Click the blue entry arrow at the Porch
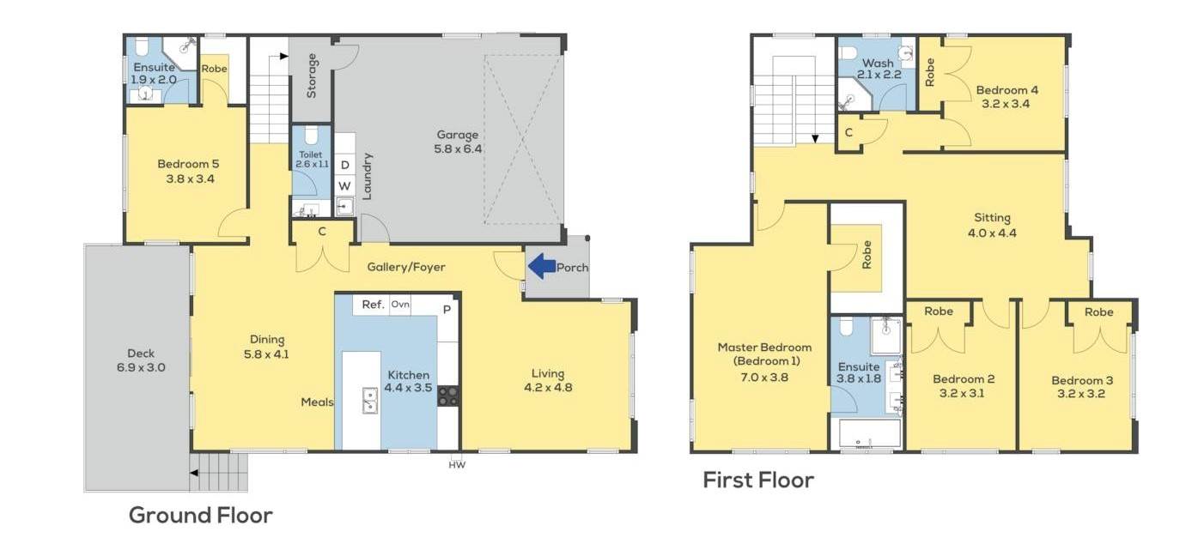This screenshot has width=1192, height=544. [x=542, y=266]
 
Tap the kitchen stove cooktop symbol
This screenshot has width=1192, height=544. [x=448, y=396]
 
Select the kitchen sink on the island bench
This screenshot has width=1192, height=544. [x=369, y=401]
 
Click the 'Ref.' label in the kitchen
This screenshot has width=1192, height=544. [x=373, y=305]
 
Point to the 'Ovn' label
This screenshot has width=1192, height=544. [x=400, y=304]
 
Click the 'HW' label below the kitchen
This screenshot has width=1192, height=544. [x=457, y=465]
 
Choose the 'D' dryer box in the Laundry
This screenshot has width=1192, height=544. [x=345, y=165]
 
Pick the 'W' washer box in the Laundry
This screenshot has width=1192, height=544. [x=345, y=186]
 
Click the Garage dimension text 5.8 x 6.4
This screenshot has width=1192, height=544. [x=459, y=149]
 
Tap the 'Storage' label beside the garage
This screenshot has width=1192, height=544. [x=311, y=76]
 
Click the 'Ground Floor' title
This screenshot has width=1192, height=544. [x=201, y=515]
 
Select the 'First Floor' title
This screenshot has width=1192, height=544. [x=758, y=481]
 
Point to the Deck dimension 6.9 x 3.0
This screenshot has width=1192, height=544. [x=141, y=367]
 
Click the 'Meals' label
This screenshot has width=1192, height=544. [x=317, y=402]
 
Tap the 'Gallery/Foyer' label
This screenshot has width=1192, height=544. [x=406, y=267]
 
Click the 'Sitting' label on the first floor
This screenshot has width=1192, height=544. [x=992, y=218]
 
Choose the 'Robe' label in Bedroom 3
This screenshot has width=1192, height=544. [x=1099, y=312]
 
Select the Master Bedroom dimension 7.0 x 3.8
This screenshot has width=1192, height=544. [x=764, y=378]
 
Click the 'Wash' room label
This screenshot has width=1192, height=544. [x=878, y=63]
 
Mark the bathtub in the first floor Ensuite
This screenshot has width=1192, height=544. [x=869, y=432]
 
